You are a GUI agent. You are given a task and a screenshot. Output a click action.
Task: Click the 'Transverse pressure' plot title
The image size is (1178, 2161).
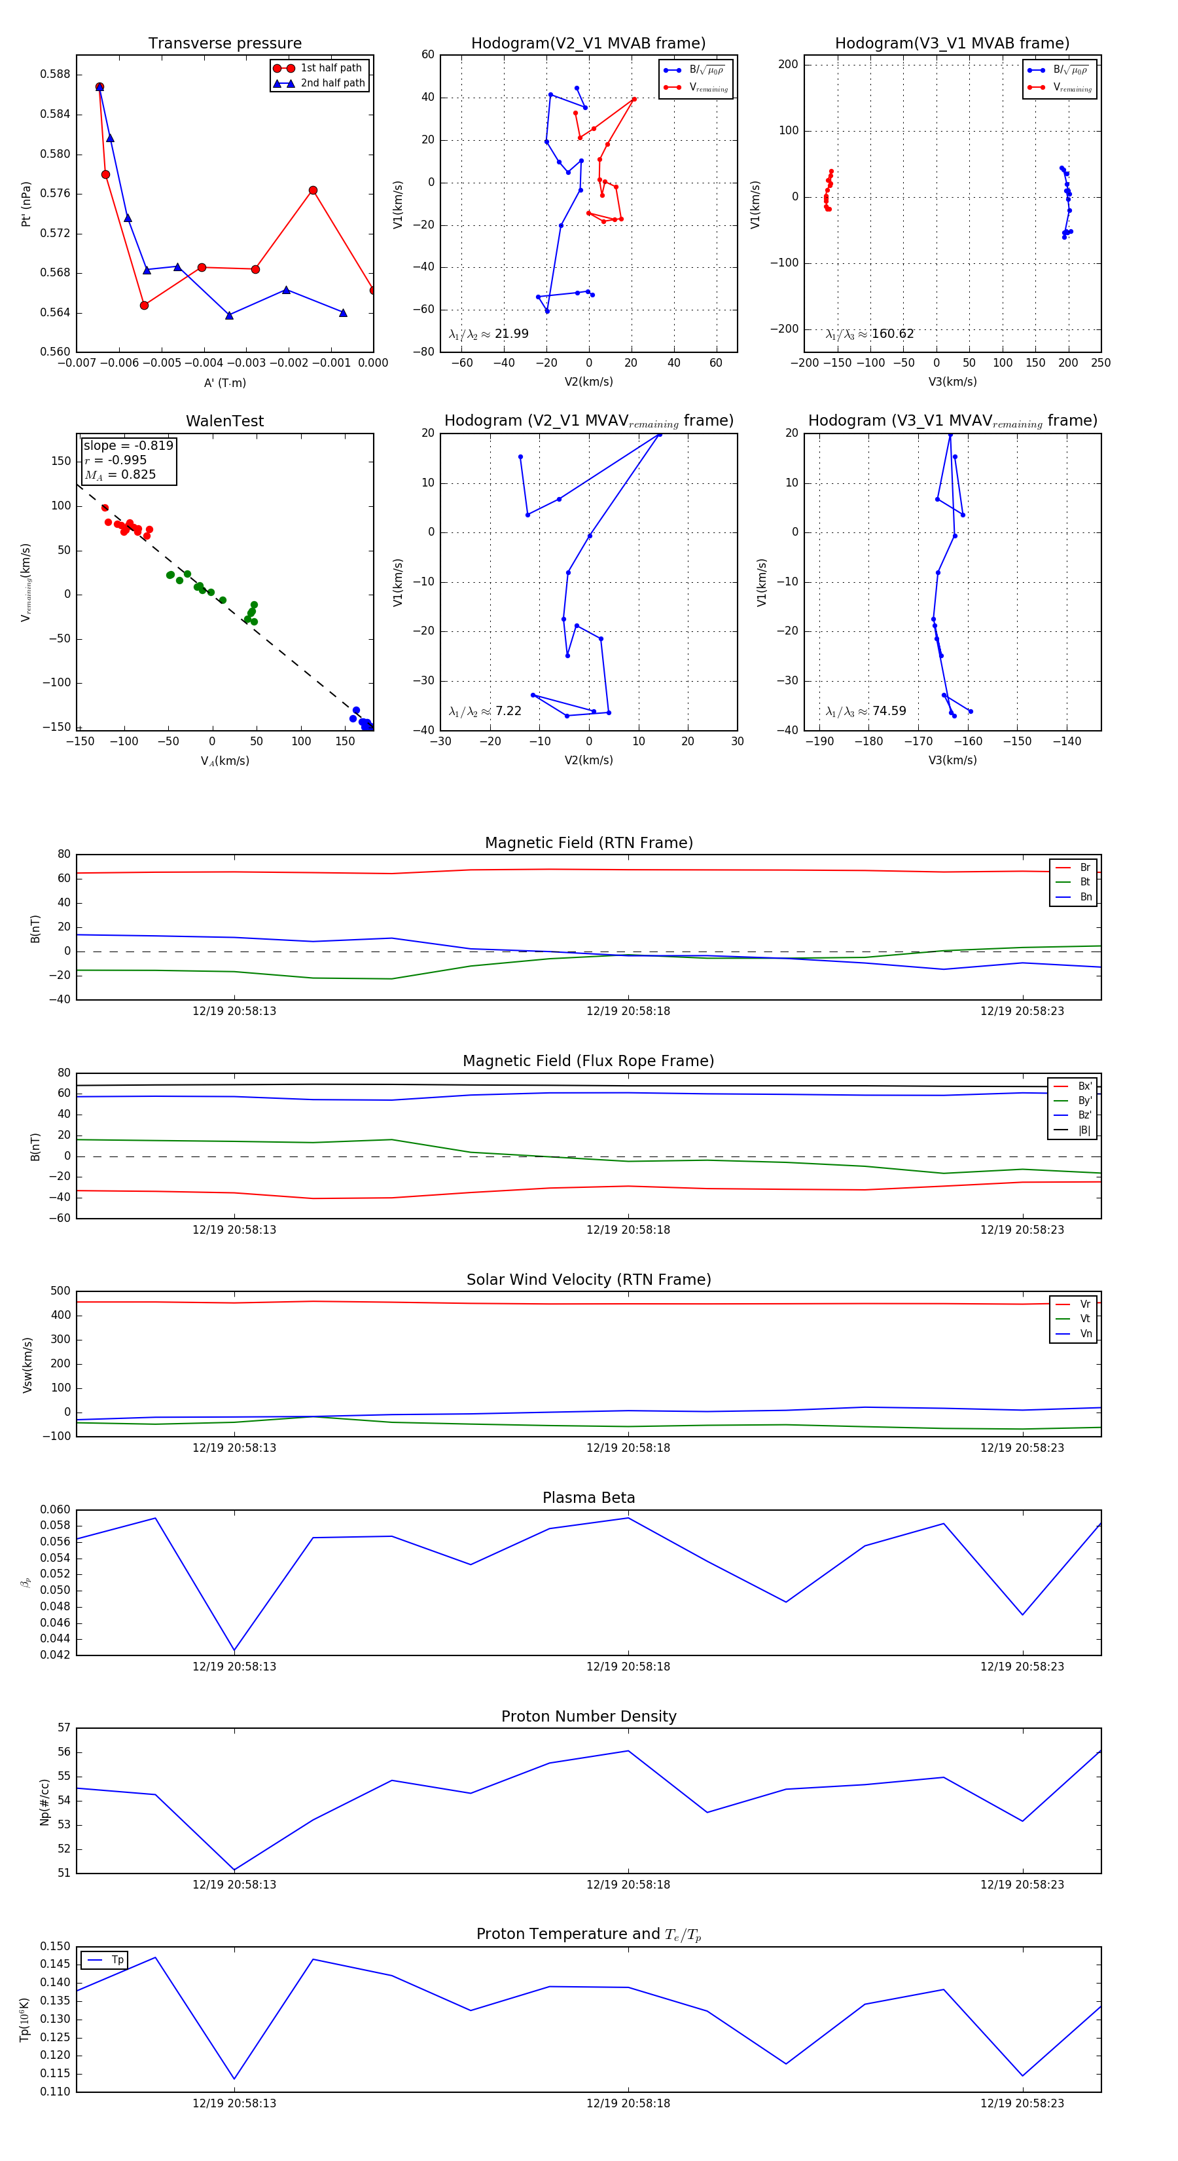pyautogui.click(x=224, y=44)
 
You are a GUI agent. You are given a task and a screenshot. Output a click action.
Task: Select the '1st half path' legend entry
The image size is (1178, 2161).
pyautogui.click(x=330, y=68)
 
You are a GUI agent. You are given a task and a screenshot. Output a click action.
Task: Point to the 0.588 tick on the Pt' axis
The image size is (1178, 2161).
pyautogui.click(x=56, y=74)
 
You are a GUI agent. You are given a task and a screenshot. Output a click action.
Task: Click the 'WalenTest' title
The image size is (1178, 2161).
pyautogui.click(x=224, y=421)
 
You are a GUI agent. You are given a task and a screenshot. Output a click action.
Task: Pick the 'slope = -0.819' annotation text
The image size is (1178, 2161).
pyautogui.click(x=128, y=445)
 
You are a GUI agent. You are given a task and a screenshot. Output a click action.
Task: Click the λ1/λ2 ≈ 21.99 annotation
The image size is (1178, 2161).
pyautogui.click(x=489, y=334)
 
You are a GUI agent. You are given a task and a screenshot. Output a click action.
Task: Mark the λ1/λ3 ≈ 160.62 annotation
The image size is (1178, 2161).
pyautogui.click(x=870, y=334)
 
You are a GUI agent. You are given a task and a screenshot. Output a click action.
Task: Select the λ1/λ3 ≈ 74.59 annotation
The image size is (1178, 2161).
pyautogui.click(x=866, y=711)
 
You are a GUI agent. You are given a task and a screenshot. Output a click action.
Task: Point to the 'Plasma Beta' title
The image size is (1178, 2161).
pyautogui.click(x=588, y=1498)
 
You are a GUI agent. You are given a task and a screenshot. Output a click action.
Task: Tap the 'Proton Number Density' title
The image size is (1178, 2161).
pyautogui.click(x=588, y=1716)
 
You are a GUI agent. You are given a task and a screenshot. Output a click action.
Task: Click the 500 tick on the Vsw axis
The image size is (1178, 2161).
pyautogui.click(x=60, y=1291)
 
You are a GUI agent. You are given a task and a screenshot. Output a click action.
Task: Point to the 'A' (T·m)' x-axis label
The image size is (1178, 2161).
pyautogui.click(x=224, y=382)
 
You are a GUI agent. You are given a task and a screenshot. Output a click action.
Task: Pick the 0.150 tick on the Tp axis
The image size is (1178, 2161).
pyautogui.click(x=56, y=1946)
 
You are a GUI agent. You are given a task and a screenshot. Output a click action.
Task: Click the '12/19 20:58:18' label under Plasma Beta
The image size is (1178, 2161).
pyautogui.click(x=628, y=1666)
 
